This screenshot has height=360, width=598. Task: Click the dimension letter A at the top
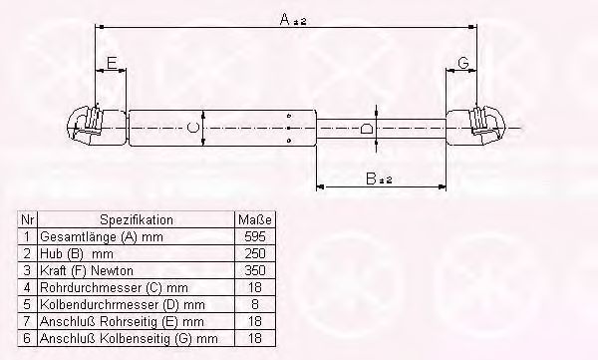(285, 19)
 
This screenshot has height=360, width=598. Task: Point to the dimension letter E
(112, 63)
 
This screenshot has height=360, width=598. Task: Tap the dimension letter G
(463, 63)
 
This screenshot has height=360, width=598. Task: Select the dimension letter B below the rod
(371, 179)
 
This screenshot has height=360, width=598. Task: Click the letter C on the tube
(193, 128)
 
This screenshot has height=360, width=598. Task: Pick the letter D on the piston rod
(367, 128)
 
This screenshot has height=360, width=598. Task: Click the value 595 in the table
(255, 236)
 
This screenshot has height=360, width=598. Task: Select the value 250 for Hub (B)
(255, 253)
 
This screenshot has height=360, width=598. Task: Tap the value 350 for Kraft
(255, 270)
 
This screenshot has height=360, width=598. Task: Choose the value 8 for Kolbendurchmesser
(255, 304)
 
